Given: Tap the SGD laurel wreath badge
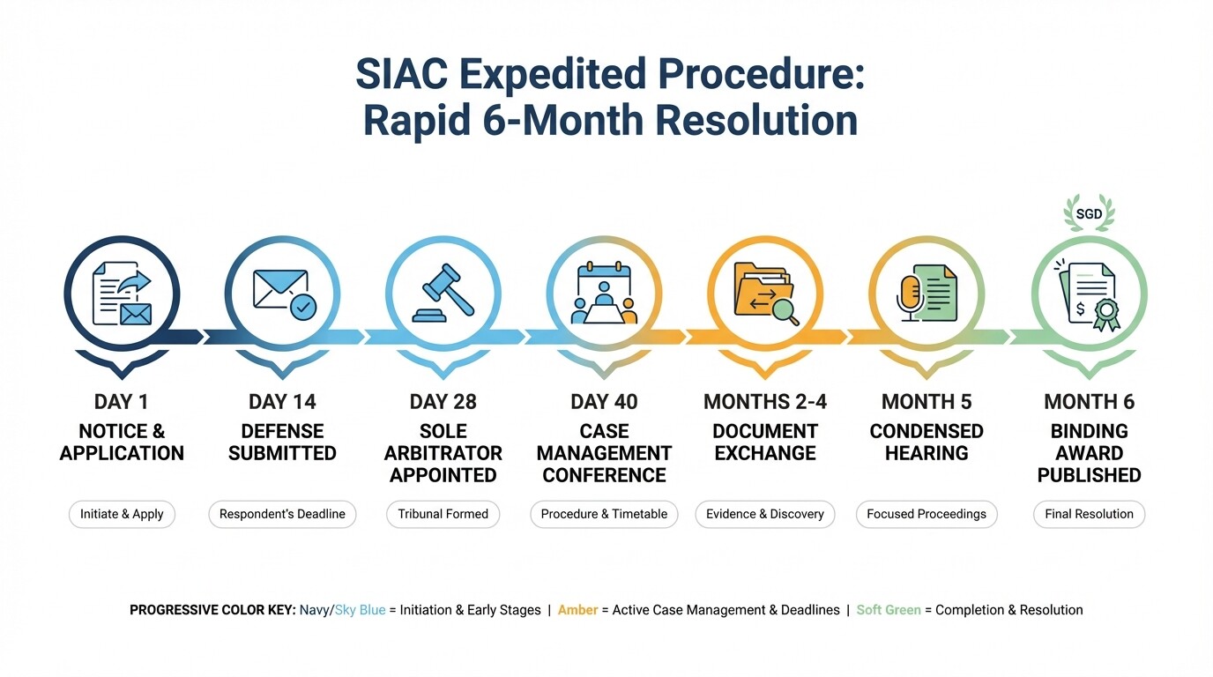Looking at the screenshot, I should point(1089,214).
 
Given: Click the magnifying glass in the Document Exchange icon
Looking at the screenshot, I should point(782,309).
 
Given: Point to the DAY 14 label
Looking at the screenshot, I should point(282,402).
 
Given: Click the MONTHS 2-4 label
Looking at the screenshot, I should point(765,402).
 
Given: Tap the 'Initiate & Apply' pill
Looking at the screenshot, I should point(122,514).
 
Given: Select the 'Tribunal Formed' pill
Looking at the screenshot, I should point(443,514).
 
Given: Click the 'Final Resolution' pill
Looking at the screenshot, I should point(1089,514).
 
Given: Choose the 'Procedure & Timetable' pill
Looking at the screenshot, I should point(604,514).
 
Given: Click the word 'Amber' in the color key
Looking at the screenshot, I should point(577,610).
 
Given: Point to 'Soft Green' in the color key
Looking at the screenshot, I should point(889,610).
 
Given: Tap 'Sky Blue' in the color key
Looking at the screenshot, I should point(360,610).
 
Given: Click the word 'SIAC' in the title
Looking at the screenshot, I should point(401,75).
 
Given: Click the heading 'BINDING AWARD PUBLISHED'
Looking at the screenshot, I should point(1089,453).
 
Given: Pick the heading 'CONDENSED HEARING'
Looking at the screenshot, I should point(926,442).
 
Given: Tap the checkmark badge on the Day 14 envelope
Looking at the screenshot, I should point(303,307).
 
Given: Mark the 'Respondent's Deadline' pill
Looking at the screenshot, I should point(282,514).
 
